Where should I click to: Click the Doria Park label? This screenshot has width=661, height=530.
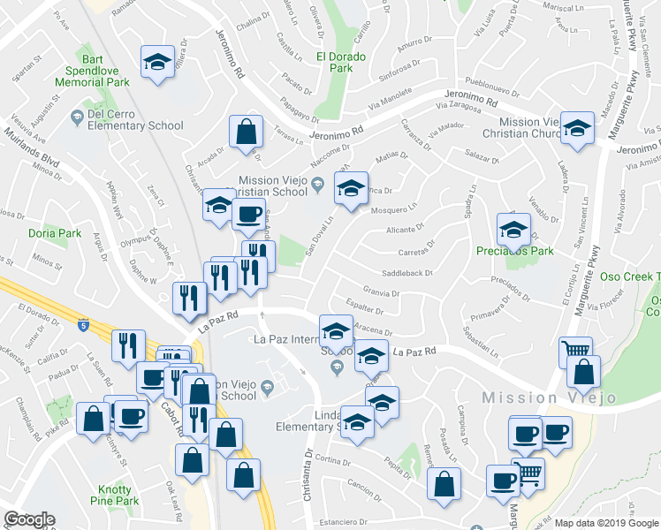[55, 233]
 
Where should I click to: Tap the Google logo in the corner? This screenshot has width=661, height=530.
[29, 519]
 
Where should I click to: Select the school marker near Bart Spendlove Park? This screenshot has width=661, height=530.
[157, 63]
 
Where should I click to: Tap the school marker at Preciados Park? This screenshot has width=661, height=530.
[513, 231]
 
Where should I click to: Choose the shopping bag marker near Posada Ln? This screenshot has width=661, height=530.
[444, 484]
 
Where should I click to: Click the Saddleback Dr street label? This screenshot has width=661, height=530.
[406, 274]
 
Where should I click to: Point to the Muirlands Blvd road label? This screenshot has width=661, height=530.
[30, 151]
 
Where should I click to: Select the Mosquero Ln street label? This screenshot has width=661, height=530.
[394, 210]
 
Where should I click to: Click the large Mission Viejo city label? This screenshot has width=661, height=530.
[549, 397]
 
